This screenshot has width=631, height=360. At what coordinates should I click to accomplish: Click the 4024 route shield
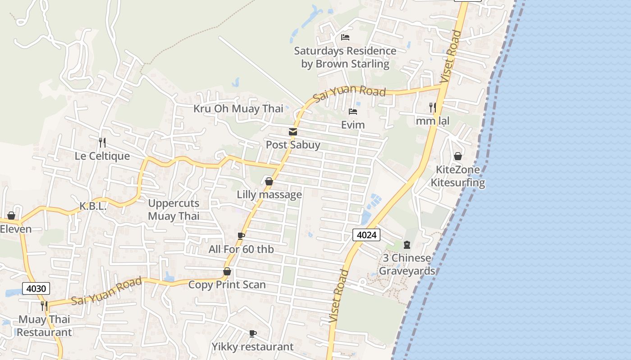tap(366, 234)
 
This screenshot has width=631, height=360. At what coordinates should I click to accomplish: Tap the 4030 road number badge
tap(36, 288)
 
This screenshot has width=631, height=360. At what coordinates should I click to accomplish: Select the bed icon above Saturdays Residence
tap(345, 37)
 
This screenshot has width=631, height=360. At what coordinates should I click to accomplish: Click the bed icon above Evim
tap(353, 111)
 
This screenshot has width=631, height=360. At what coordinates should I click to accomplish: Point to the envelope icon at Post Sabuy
tap(293, 132)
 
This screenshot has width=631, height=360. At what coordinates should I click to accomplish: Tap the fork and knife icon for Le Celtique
tap(102, 143)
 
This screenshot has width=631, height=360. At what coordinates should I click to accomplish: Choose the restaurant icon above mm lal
tap(432, 107)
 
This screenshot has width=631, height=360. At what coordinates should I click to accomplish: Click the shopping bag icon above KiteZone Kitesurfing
tap(458, 156)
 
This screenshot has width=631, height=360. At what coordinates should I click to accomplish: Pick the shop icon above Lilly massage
tap(269, 181)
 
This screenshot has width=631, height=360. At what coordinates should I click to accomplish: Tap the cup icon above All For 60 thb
tap(241, 236)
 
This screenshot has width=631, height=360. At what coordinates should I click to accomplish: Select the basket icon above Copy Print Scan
tap(227, 271)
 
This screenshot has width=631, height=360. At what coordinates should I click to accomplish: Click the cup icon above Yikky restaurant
tap(253, 333)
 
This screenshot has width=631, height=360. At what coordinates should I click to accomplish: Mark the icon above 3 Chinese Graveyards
tap(407, 245)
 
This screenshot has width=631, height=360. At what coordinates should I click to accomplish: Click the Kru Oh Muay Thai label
tap(238, 108)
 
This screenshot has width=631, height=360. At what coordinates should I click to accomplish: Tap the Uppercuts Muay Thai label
tap(174, 210)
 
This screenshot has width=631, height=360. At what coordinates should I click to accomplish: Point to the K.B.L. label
tap(93, 207)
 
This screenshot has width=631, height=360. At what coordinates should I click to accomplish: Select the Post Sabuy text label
tap(293, 145)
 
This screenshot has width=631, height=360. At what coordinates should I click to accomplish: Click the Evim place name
tap(353, 125)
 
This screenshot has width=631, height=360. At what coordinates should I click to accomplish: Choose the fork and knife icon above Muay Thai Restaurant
tap(44, 306)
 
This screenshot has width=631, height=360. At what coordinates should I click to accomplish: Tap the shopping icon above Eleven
tap(11, 216)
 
